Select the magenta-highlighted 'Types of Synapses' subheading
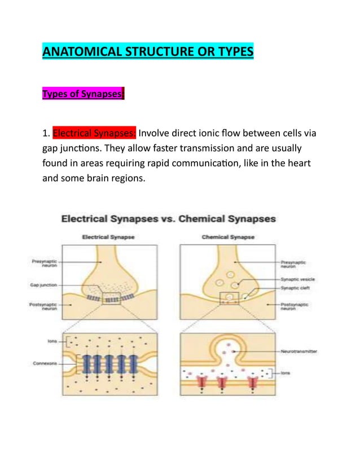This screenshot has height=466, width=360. tap(83, 94)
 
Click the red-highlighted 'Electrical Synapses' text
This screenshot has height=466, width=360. tap(94, 134)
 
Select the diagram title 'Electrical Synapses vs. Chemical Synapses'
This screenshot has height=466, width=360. tap(168, 218)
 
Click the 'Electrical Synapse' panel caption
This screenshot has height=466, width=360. tap(108, 238)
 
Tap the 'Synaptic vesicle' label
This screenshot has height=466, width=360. tap(299, 279)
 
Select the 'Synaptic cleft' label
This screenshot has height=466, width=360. tap(297, 288)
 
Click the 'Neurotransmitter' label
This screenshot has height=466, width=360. tap(298, 351)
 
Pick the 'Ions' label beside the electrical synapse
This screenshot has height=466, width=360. tap(52, 341)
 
